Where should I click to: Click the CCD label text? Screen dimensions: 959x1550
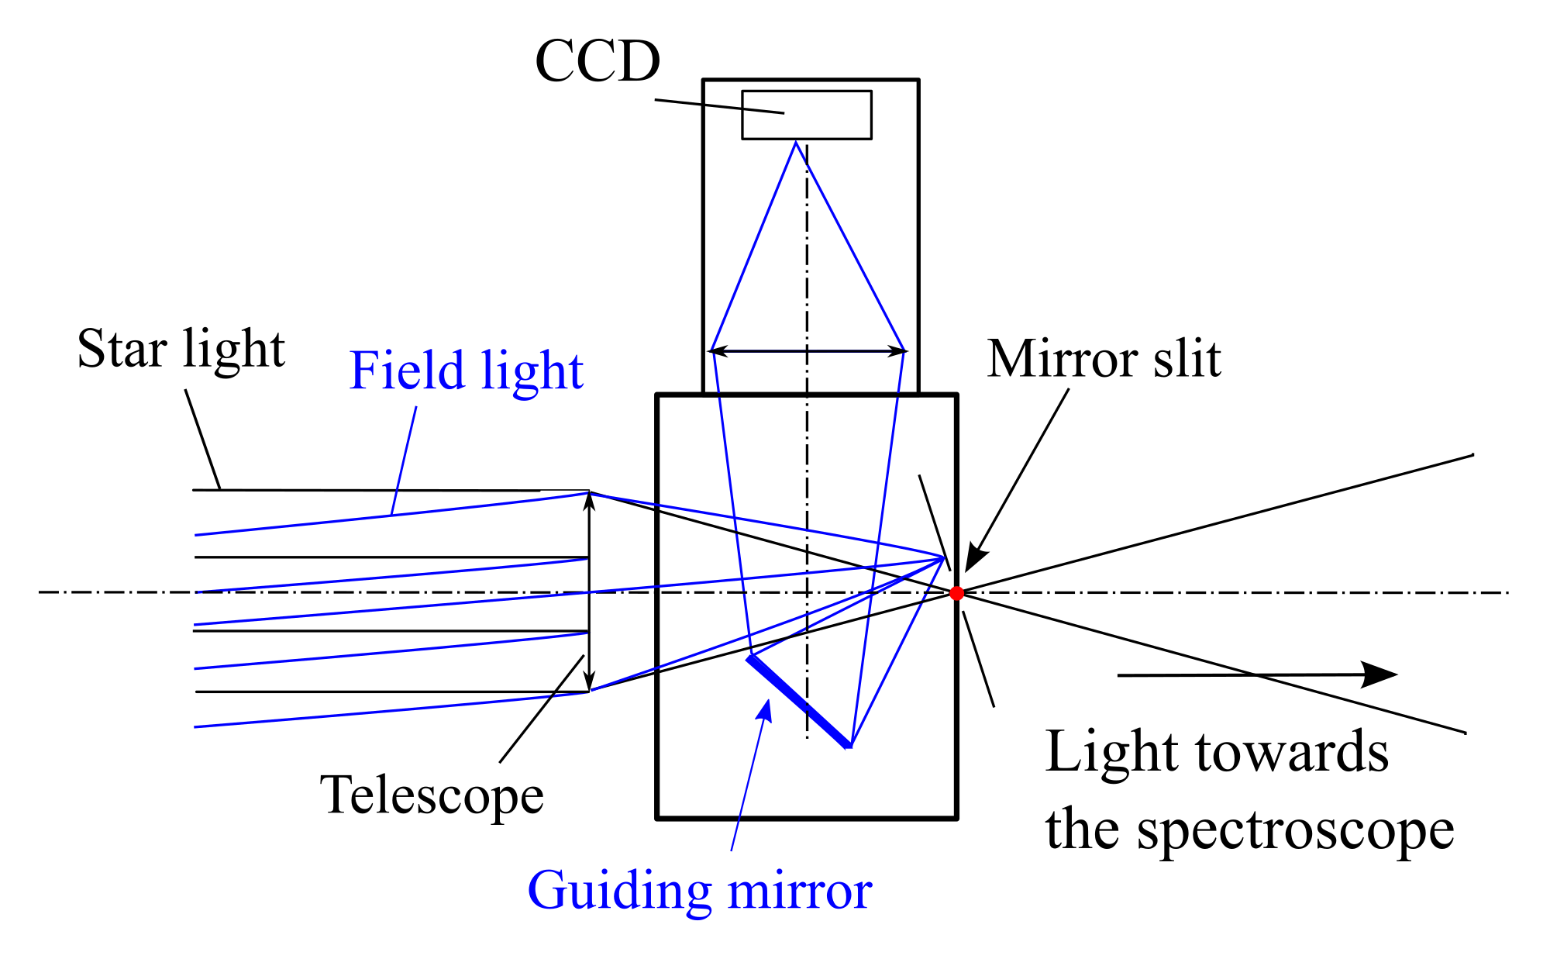point(598,61)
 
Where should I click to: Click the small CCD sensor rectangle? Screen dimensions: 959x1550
point(806,115)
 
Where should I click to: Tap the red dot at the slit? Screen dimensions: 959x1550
point(956,593)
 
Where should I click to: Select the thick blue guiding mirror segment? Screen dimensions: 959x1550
point(799,701)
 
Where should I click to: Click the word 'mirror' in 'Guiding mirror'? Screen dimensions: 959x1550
point(800,892)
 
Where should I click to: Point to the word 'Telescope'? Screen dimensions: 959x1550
point(432,796)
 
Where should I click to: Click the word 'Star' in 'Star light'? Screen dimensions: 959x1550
point(122,349)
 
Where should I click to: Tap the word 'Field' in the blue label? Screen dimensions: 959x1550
point(407,371)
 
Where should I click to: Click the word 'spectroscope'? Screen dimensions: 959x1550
point(1296,832)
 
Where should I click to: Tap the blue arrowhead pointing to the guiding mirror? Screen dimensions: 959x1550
point(766,709)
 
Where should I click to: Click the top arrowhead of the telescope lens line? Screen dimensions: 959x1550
point(589,500)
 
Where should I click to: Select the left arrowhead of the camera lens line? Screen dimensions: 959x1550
point(718,351)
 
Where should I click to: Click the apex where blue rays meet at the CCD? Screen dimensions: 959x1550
point(796,142)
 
